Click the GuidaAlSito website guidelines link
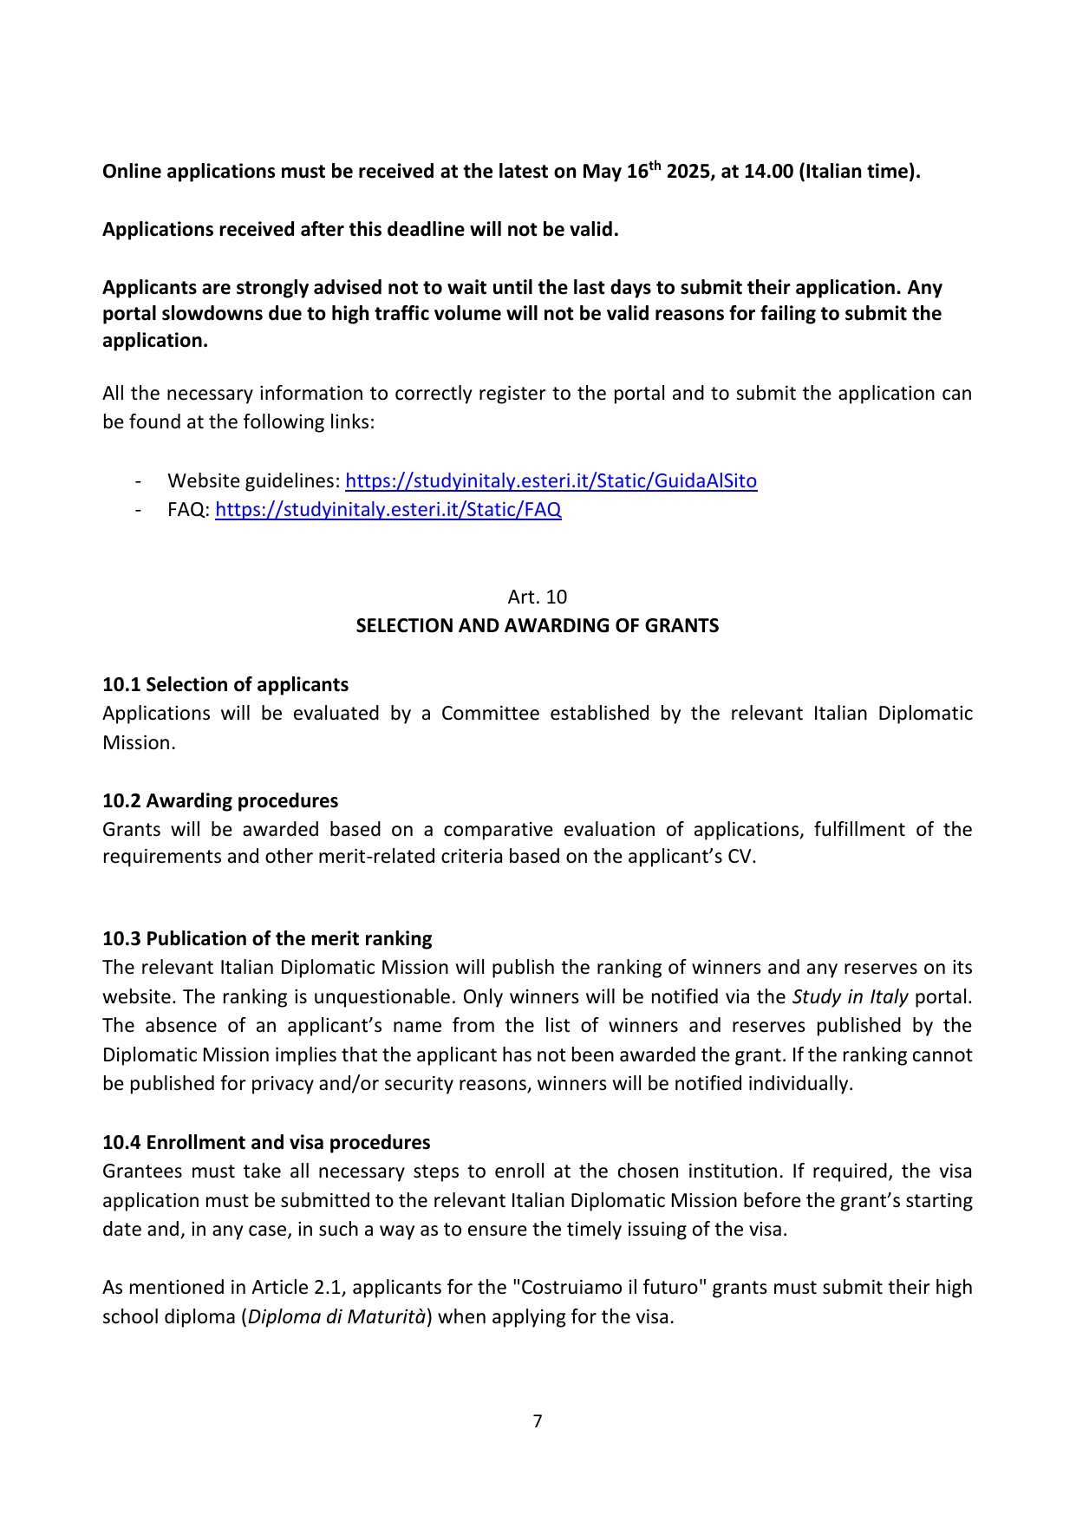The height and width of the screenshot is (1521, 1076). [551, 481]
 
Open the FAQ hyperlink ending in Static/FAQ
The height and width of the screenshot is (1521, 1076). [388, 510]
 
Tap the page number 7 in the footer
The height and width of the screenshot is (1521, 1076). [538, 1421]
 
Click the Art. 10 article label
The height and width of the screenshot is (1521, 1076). [538, 597]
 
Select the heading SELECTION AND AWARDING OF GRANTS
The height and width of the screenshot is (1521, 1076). [538, 625]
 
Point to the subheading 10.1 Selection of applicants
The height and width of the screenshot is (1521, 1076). [225, 684]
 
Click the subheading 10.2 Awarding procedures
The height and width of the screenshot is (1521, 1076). [220, 800]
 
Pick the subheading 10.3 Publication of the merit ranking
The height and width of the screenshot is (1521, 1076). [267, 938]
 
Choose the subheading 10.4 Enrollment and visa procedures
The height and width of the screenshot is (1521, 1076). [266, 1142]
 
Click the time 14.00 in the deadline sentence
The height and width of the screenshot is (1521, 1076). [768, 172]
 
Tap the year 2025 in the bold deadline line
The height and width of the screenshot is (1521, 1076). [688, 172]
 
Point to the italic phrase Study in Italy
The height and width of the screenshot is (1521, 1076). [850, 996]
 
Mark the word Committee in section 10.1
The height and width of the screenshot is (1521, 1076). [490, 714]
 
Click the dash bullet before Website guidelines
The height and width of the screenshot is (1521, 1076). [138, 481]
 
